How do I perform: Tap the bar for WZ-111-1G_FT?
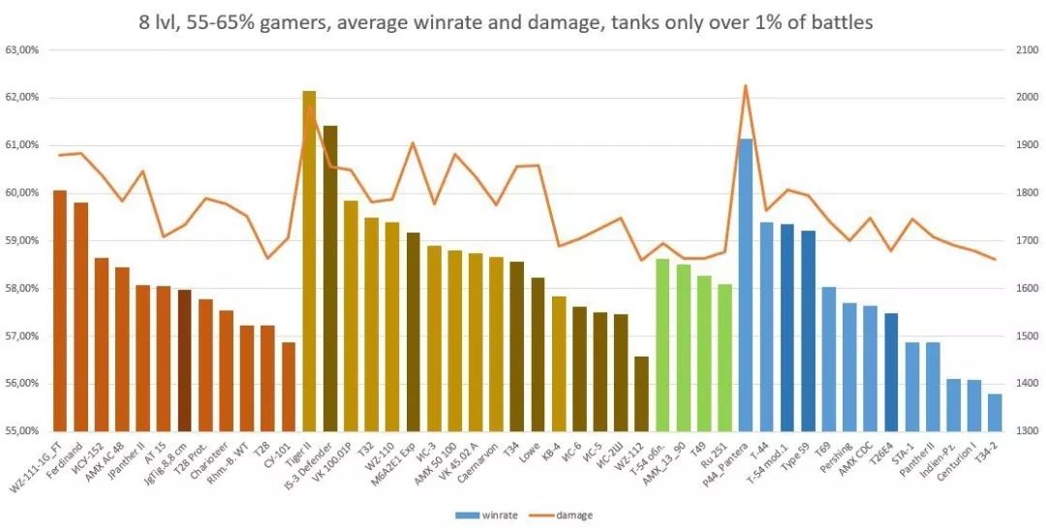60,310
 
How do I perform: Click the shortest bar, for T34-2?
995,413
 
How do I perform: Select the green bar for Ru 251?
724,358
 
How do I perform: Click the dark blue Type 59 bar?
808,330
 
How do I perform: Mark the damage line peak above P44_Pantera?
746,86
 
